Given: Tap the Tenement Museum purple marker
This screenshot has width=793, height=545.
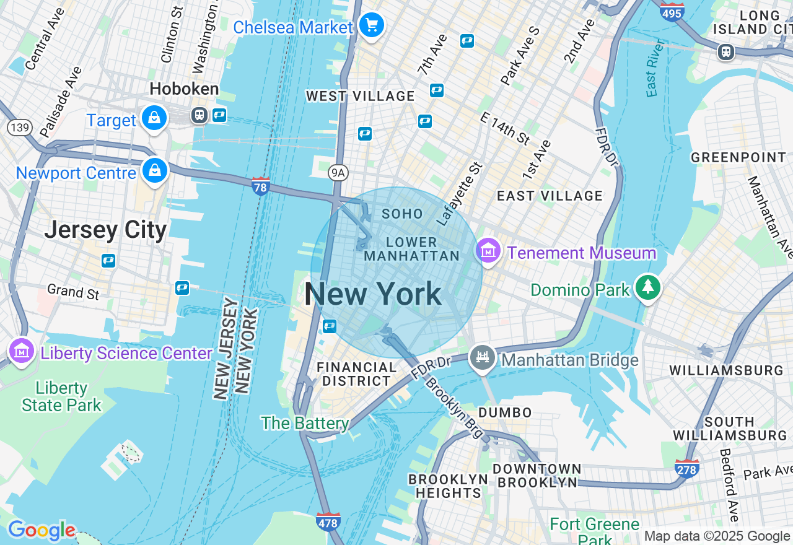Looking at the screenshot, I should pyautogui.click(x=489, y=251).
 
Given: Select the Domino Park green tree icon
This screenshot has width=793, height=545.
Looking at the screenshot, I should pyautogui.click(x=648, y=288).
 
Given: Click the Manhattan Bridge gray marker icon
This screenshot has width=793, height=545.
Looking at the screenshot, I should pyautogui.click(x=482, y=357).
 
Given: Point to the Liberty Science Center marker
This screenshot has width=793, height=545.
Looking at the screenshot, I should pyautogui.click(x=22, y=351).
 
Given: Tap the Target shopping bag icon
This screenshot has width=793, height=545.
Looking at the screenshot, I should pyautogui.click(x=154, y=118).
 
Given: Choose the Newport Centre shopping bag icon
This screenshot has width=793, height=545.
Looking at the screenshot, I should pyautogui.click(x=154, y=170).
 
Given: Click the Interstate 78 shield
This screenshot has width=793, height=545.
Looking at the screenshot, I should pyautogui.click(x=261, y=185).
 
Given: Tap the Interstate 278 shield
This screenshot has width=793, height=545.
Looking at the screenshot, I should pyautogui.click(x=687, y=468).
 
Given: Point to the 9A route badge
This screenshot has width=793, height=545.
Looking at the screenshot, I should pyautogui.click(x=337, y=173).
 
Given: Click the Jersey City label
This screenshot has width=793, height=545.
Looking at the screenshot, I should pyautogui.click(x=105, y=230).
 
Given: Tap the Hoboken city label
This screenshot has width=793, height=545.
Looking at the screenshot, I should pyautogui.click(x=184, y=89).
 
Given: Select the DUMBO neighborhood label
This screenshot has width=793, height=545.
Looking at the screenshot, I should pyautogui.click(x=504, y=412).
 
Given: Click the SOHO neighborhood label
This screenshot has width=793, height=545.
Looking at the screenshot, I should pyautogui.click(x=402, y=214).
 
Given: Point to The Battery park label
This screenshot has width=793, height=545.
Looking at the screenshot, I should pyautogui.click(x=304, y=424).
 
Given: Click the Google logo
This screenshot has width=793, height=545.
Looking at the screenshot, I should pyautogui.click(x=41, y=530).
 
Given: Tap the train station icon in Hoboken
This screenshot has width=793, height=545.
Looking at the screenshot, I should pyautogui.click(x=199, y=115).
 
